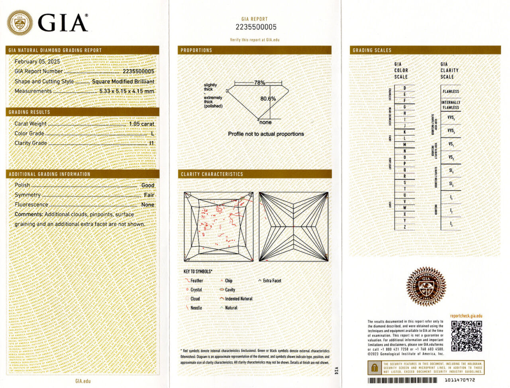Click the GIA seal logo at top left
(x=20, y=22)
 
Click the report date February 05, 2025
(x=37, y=61)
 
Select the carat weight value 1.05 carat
(x=141, y=124)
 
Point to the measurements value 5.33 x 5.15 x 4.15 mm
(x=127, y=91)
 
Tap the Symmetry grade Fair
(x=149, y=195)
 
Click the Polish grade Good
(x=147, y=185)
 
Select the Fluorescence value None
(x=147, y=205)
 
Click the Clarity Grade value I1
(x=151, y=143)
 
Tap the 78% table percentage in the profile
(x=259, y=83)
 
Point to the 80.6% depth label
(x=268, y=98)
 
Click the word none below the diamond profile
(x=265, y=122)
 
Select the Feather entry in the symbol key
(x=196, y=281)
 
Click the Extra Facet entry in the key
(x=272, y=281)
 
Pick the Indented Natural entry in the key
(x=238, y=299)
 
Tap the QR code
(x=466, y=336)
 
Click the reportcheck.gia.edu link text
(x=466, y=316)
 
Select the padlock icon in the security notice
(x=374, y=367)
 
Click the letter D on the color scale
(x=404, y=88)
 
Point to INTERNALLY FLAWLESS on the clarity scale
(x=451, y=105)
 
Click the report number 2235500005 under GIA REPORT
(x=256, y=27)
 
